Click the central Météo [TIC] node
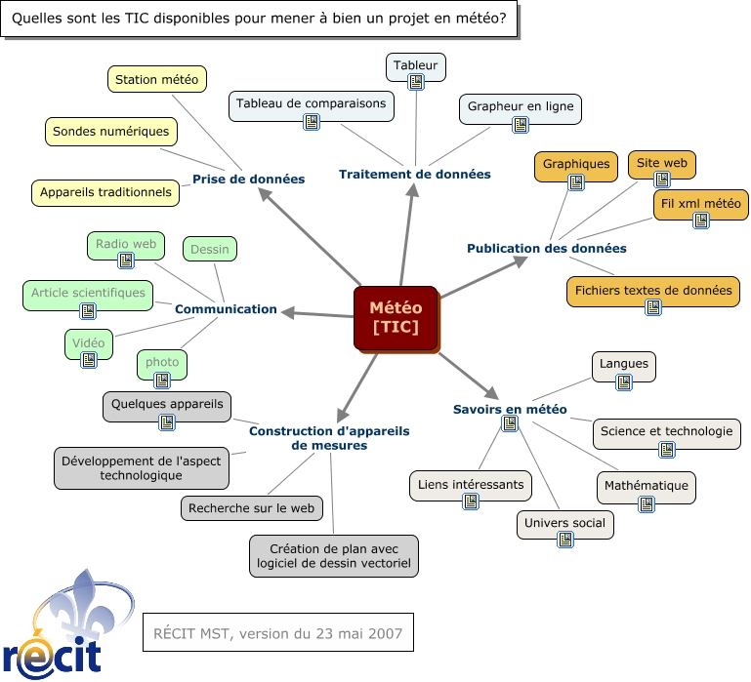(395, 317)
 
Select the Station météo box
(156, 79)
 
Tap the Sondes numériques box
(111, 131)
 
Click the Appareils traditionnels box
(105, 192)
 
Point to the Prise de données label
(234, 179)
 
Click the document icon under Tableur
(416, 82)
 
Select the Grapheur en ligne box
(521, 105)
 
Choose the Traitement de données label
(414, 174)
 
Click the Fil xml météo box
(701, 206)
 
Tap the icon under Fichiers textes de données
(653, 307)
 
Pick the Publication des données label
(546, 248)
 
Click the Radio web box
(126, 244)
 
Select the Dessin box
(210, 249)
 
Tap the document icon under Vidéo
(89, 360)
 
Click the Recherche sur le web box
(251, 508)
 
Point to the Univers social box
(564, 524)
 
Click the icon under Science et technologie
(667, 450)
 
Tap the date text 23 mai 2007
(348, 633)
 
